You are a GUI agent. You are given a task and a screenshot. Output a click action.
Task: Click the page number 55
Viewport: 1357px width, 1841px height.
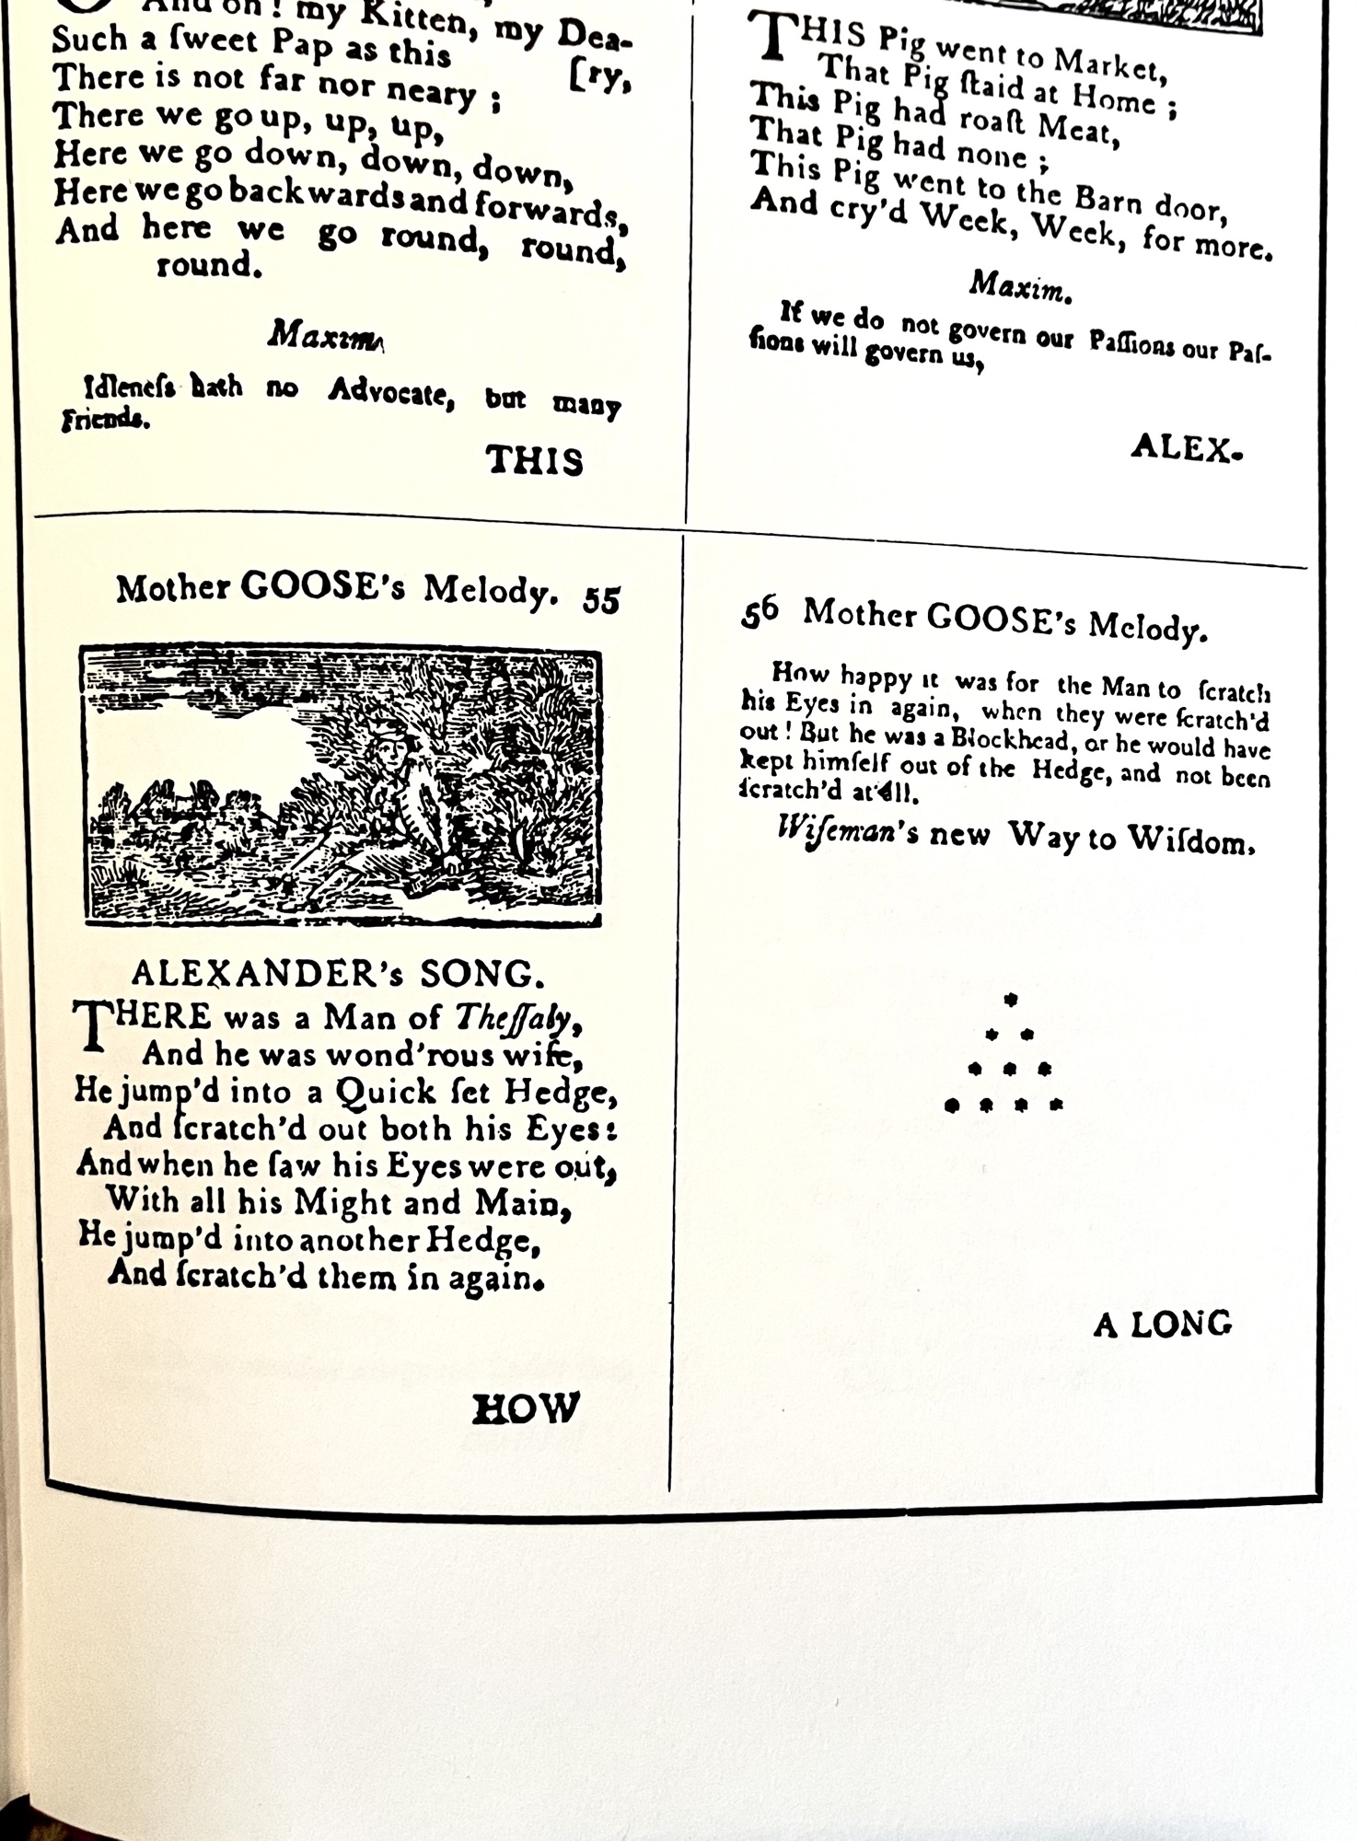pos(601,600)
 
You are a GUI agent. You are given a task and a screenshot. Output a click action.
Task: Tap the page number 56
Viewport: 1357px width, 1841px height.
pos(759,612)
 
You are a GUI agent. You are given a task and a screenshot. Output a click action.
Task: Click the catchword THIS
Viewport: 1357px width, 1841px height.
pos(534,460)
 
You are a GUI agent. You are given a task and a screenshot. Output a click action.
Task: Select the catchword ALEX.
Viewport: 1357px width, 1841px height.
pos(1185,449)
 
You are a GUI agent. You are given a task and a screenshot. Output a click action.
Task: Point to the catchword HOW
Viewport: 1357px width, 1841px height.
pos(526,1409)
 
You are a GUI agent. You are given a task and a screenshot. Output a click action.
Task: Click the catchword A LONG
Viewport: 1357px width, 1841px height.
pos(1162,1325)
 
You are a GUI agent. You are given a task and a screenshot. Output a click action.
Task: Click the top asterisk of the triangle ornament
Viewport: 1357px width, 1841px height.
pos(1010,1000)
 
